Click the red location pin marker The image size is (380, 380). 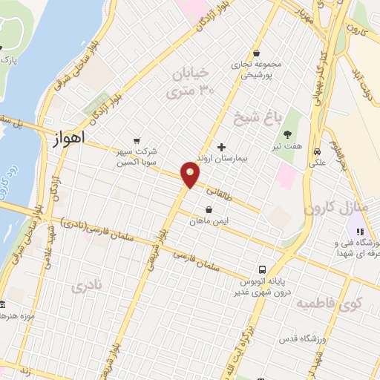191,174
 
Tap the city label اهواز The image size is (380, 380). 71,137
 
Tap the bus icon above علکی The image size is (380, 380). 317,148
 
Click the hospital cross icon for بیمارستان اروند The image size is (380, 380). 221,146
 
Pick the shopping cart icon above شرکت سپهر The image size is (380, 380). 136,139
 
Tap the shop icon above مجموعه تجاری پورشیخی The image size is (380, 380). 256,53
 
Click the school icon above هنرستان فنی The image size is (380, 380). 360,229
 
